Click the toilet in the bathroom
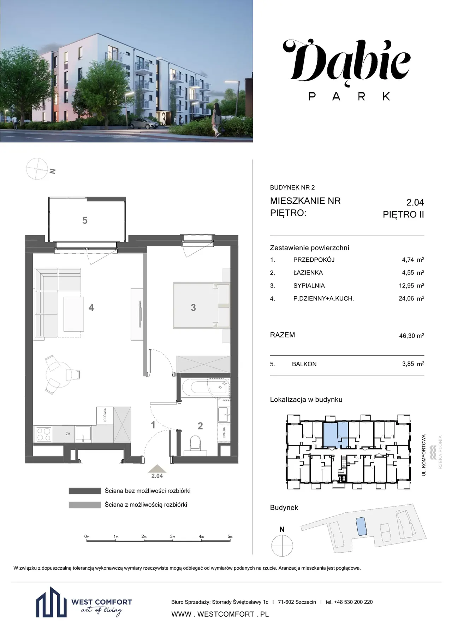pyautogui.click(x=195, y=443)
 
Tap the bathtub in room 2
pyautogui.click(x=206, y=388)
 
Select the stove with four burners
pyautogui.click(x=44, y=435)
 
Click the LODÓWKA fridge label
pyautogui.click(x=105, y=415)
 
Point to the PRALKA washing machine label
pyautogui.click(x=224, y=432)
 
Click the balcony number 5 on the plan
pyautogui.click(x=85, y=221)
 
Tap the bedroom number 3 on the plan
pyautogui.click(x=193, y=308)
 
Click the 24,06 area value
pyautogui.click(x=406, y=298)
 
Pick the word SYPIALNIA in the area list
pyautogui.click(x=309, y=286)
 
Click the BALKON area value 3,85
pyautogui.click(x=408, y=364)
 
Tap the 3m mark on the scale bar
pyautogui.click(x=172, y=536)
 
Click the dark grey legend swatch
pyautogui.click(x=85, y=491)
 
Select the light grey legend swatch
pyautogui.click(x=85, y=505)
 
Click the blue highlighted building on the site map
pyautogui.click(x=361, y=526)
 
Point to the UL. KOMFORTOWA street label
pyautogui.click(x=424, y=455)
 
